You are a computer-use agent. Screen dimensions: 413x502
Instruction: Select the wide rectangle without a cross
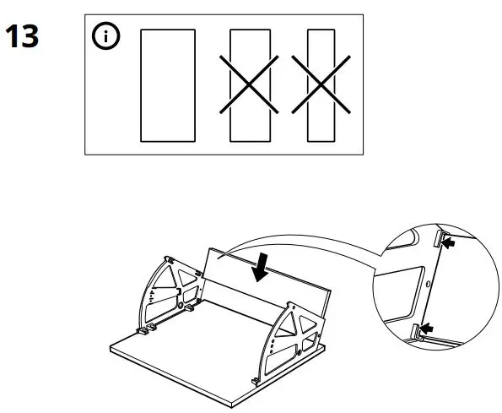coord(166,84)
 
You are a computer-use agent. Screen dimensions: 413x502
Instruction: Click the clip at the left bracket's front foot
coord(144,329)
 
